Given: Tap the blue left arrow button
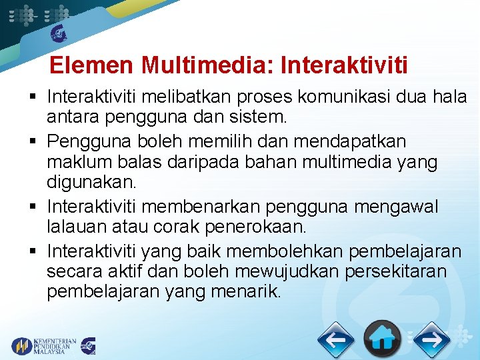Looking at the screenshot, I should (335, 340).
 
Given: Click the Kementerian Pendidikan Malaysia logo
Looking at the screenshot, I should (44, 346).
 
